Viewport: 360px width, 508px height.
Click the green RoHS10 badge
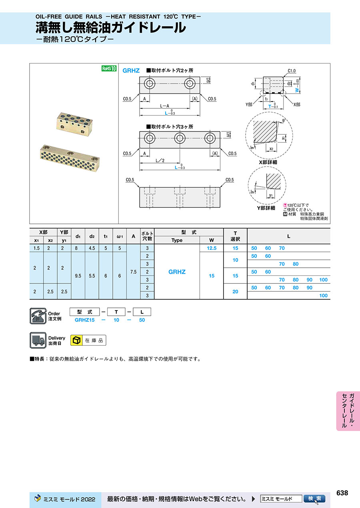pyautogui.click(x=109, y=68)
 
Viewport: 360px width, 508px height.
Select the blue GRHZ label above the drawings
pyautogui.click(x=131, y=71)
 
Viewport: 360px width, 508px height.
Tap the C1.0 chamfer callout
pyautogui.click(x=292, y=71)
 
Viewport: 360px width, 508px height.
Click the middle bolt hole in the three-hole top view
pyautogui.click(x=180, y=138)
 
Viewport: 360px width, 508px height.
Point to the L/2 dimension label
pyautogui.click(x=160, y=161)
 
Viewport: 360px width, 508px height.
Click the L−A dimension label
pyautogui.click(x=164, y=106)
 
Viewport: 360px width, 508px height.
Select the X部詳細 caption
pyautogui.click(x=268, y=162)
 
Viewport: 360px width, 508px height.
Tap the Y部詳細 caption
pyautogui.click(x=266, y=208)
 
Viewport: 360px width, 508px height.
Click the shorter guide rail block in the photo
pyautogui.click(x=74, y=124)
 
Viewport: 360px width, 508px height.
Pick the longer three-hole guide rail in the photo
pyautogui.click(x=70, y=158)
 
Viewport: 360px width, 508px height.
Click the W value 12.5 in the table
pyautogui.click(x=212, y=248)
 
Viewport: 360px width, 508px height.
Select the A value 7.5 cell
pyautogui.click(x=134, y=272)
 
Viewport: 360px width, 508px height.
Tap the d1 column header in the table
pyautogui.click(x=78, y=236)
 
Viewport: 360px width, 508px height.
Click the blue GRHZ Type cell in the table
pyautogui.click(x=177, y=272)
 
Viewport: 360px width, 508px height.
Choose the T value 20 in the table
pyautogui.click(x=235, y=291)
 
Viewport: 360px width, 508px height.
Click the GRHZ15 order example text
pyautogui.click(x=85, y=320)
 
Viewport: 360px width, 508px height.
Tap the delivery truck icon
pyautogui.click(x=38, y=340)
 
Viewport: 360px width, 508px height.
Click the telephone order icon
pyautogui.click(x=38, y=316)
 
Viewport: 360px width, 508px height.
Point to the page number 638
pyautogui.click(x=342, y=493)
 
